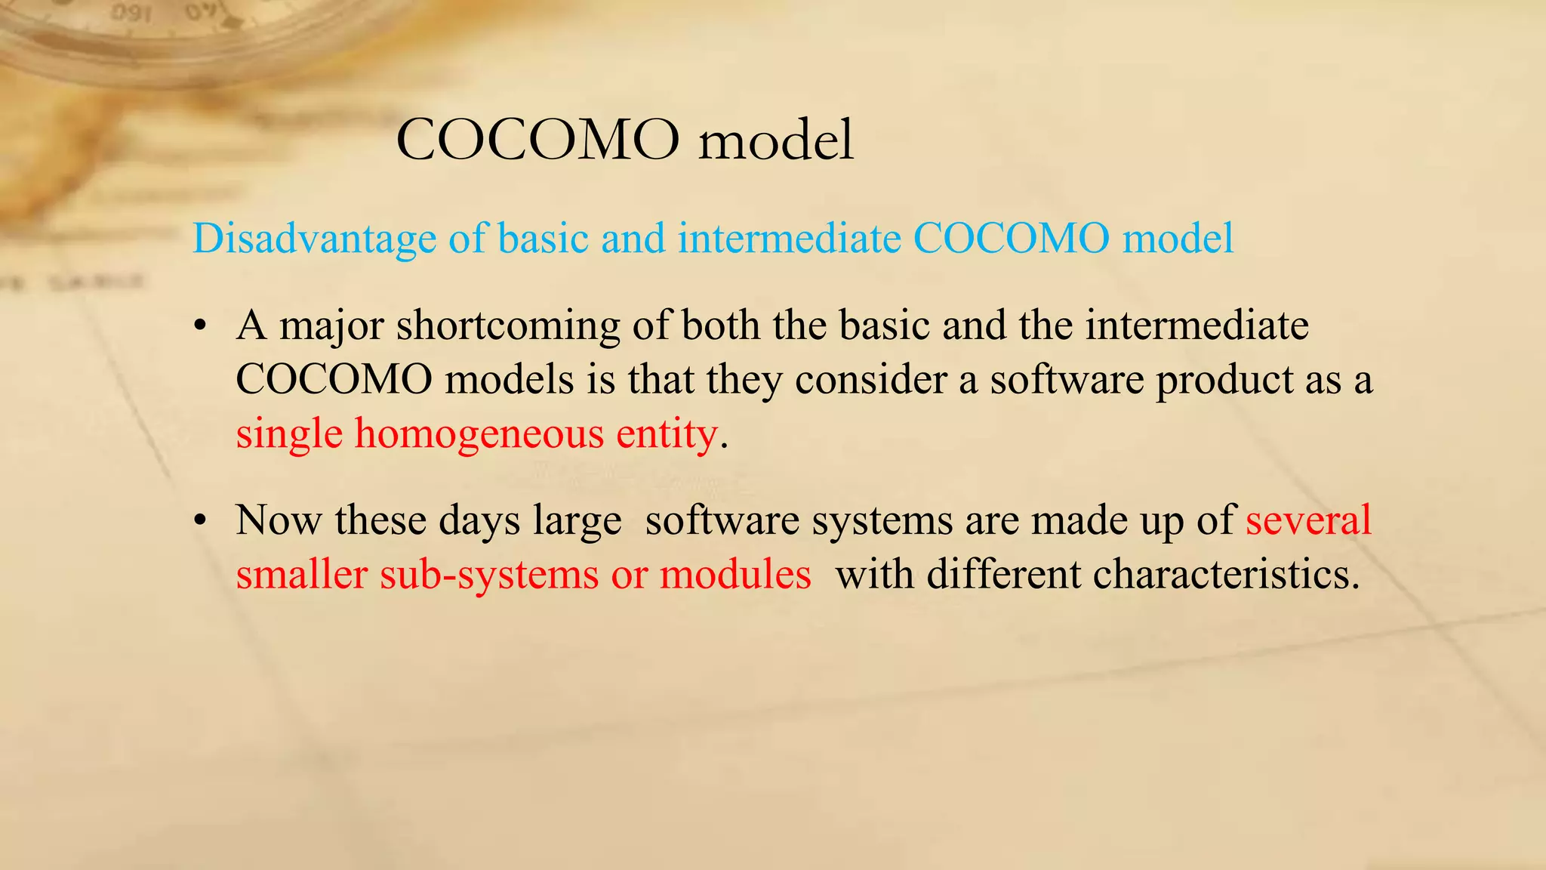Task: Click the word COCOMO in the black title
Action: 537,140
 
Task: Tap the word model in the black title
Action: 776,140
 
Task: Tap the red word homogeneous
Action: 479,434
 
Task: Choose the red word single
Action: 289,435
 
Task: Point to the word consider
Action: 870,380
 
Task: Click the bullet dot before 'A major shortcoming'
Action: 199,327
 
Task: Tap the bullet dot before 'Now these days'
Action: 199,521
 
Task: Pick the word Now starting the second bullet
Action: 279,520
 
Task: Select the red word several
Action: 1308,520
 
